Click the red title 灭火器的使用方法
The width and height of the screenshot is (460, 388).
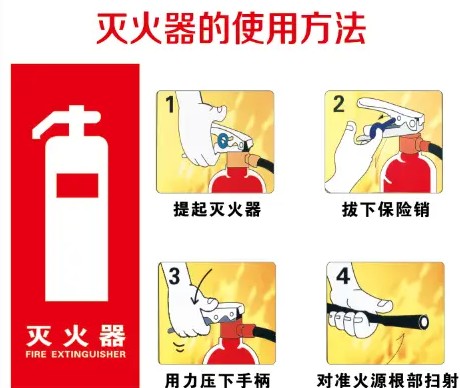pyautogui.click(x=231, y=28)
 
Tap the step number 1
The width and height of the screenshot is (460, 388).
pyautogui.click(x=170, y=104)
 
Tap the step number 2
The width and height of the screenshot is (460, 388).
pyautogui.click(x=339, y=104)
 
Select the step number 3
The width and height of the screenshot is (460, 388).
pyautogui.click(x=174, y=277)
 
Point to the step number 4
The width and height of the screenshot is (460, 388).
pyautogui.click(x=343, y=276)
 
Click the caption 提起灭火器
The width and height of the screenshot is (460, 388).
pyautogui.click(x=217, y=209)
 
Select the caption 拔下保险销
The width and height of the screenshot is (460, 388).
pyautogui.click(x=386, y=209)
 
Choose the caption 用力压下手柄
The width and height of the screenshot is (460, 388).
pyautogui.click(x=217, y=380)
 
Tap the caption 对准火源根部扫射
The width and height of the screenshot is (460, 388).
pyautogui.click(x=387, y=380)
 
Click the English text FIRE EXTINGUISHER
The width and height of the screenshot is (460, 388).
pyautogui.click(x=76, y=354)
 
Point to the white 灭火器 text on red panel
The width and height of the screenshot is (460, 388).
pyautogui.click(x=76, y=336)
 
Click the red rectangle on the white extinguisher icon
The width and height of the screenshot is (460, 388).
pyautogui.click(x=77, y=185)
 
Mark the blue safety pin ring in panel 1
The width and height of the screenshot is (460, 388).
pyautogui.click(x=223, y=140)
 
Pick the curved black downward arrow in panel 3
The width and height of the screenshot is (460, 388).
pyautogui.click(x=201, y=287)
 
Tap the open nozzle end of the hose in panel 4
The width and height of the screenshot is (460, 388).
pyautogui.click(x=424, y=322)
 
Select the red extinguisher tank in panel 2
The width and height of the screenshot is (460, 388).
pyautogui.click(x=410, y=173)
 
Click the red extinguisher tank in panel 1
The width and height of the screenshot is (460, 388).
pyautogui.click(x=237, y=181)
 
